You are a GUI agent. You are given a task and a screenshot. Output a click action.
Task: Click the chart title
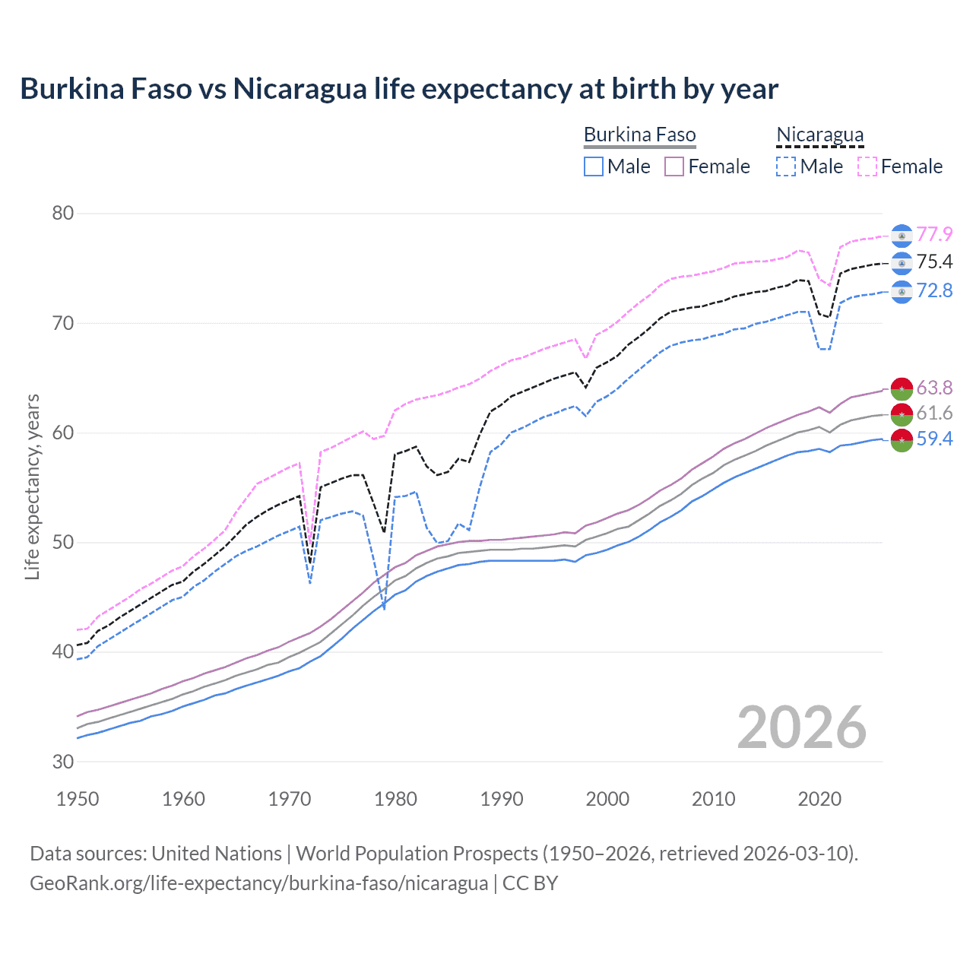click(x=399, y=89)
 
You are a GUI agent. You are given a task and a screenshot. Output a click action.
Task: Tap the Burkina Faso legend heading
click(x=639, y=135)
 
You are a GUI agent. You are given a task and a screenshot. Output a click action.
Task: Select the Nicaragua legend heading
click(x=819, y=135)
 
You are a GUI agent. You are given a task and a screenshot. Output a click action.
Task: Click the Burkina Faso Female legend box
click(x=674, y=166)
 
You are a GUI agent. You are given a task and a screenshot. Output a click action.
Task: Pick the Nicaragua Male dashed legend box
click(x=786, y=166)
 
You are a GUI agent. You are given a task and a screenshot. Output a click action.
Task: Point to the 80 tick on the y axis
click(x=63, y=214)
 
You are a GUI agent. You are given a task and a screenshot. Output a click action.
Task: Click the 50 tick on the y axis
click(x=63, y=543)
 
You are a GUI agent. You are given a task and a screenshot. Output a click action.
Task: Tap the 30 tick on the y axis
click(x=63, y=762)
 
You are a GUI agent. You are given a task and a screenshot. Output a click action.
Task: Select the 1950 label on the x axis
click(x=78, y=799)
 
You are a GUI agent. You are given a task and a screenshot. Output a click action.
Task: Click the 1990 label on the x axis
click(x=502, y=799)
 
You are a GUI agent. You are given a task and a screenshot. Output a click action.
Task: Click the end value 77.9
click(x=934, y=234)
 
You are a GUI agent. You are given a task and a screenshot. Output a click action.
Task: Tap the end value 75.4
click(x=934, y=262)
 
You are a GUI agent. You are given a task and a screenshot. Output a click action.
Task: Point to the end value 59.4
click(x=934, y=439)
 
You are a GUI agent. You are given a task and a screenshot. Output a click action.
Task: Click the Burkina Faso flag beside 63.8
click(x=902, y=388)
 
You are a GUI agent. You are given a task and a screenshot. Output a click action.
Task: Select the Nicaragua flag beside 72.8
click(x=902, y=292)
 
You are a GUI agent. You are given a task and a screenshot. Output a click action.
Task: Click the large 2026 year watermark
click(x=801, y=728)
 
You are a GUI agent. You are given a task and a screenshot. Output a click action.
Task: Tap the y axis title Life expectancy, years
click(x=32, y=486)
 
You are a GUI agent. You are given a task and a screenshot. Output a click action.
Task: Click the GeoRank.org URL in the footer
click(x=258, y=883)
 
